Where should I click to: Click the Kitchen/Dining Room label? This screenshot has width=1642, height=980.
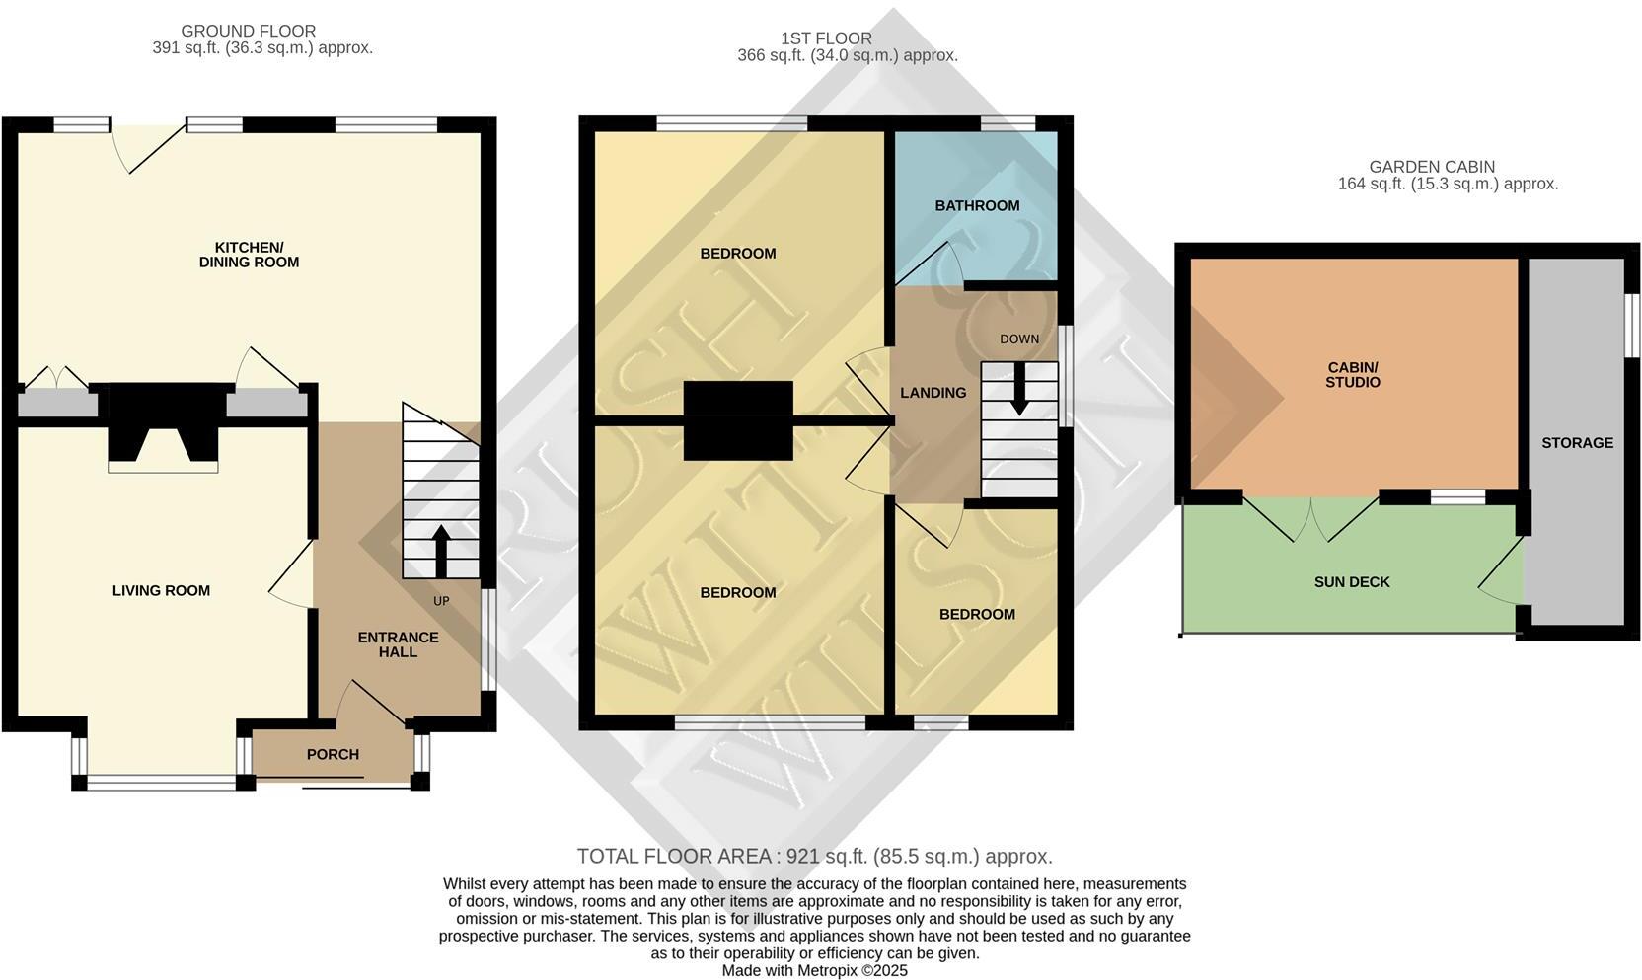pos(249,255)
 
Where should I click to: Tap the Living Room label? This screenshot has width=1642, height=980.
pos(161,590)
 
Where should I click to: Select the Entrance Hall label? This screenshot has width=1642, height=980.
pos(398,644)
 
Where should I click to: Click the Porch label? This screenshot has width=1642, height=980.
pos(333,754)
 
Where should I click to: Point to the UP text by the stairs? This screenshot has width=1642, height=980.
pos(441,600)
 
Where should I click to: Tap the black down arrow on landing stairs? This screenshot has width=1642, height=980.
pos(1018,390)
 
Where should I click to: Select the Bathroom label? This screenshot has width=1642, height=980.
pos(977,205)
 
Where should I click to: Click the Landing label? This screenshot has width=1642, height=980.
pos(933,393)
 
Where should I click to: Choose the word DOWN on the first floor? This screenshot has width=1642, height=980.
pos(1019,339)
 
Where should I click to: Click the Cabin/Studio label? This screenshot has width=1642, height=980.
pos(1353,375)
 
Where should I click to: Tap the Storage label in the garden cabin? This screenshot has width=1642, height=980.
pos(1577,442)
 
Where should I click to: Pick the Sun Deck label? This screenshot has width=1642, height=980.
pos(1352,582)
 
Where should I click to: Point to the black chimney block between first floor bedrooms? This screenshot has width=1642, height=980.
pos(738,420)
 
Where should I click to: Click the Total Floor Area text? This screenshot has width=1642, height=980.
pos(814,856)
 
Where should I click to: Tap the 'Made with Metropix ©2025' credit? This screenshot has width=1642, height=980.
pos(814,970)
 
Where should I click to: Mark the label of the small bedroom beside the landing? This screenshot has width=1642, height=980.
pos(977,614)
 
